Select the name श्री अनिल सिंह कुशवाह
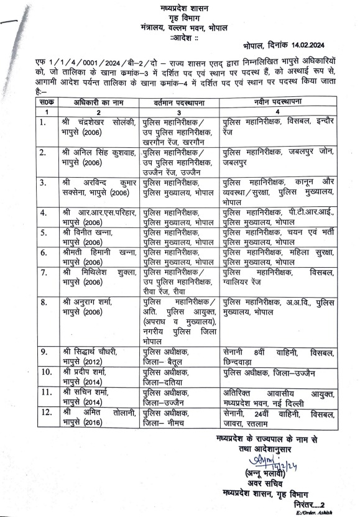pos(99,151)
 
